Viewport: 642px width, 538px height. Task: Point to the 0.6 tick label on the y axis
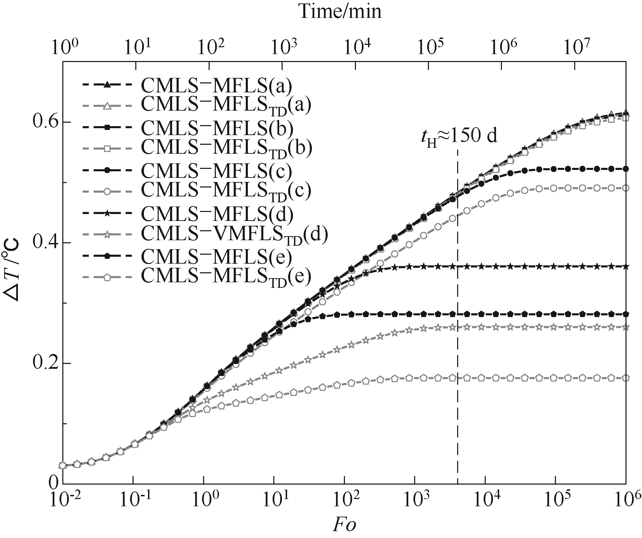(44, 122)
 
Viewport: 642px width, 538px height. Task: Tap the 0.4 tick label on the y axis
(44, 243)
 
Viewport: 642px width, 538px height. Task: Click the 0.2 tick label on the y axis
(44, 363)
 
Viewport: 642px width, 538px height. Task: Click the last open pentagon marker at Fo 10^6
(625, 378)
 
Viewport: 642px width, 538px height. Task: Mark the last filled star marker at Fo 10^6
(625, 266)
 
